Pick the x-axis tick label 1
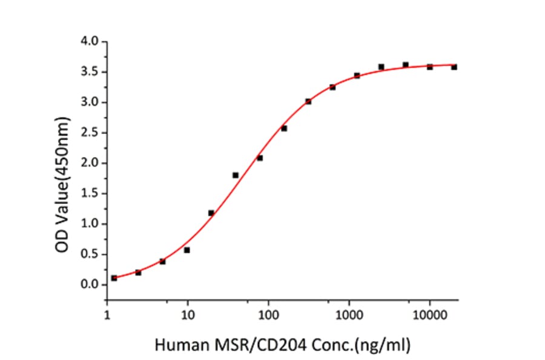(107, 315)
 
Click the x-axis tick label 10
(188, 315)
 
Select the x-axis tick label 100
(268, 315)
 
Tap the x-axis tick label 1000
(349, 315)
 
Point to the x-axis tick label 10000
(429, 315)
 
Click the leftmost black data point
(114, 278)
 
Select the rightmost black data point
(454, 67)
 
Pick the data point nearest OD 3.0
(308, 101)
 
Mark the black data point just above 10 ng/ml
(187, 250)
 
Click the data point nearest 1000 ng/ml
(357, 75)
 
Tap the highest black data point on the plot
(405, 65)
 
